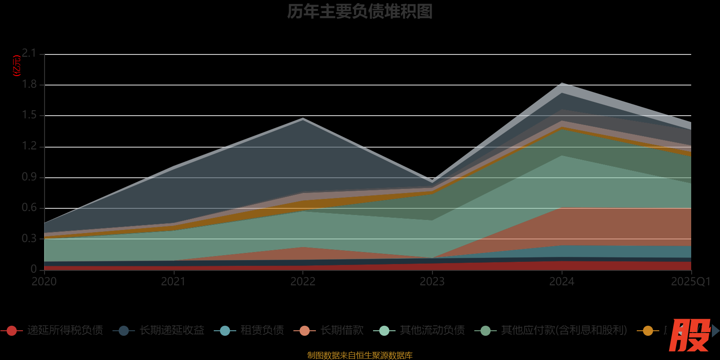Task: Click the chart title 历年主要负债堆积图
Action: (x=360, y=12)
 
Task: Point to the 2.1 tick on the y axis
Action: (x=29, y=54)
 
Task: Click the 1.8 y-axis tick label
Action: (x=29, y=85)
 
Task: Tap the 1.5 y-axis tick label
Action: (x=29, y=115)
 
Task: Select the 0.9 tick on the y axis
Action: (x=29, y=177)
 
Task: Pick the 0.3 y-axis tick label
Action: (x=29, y=239)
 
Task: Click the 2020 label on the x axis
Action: (x=44, y=282)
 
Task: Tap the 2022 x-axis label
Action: (x=303, y=282)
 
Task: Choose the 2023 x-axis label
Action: (x=432, y=282)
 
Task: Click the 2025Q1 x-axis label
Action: (x=690, y=282)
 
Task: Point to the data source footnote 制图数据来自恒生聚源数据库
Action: (x=360, y=355)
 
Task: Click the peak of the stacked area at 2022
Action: (x=303, y=119)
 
